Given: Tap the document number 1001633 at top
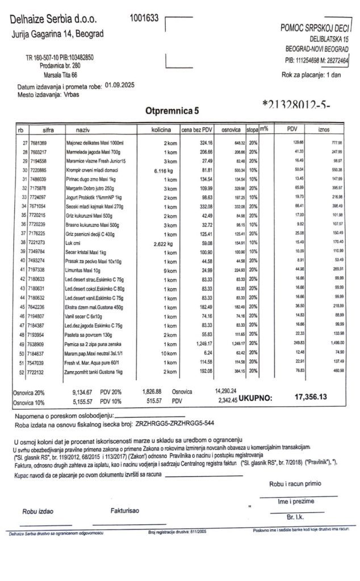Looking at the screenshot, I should (145, 18).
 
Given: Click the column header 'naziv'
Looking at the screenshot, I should (76, 130).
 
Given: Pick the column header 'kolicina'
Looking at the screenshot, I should (162, 130).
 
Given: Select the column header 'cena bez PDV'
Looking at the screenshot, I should (196, 130).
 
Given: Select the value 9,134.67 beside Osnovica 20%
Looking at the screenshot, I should (86, 392).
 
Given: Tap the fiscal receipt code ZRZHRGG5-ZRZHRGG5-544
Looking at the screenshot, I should (175, 422).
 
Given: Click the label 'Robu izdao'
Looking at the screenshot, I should (37, 511).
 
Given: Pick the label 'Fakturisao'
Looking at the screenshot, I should (125, 511).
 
